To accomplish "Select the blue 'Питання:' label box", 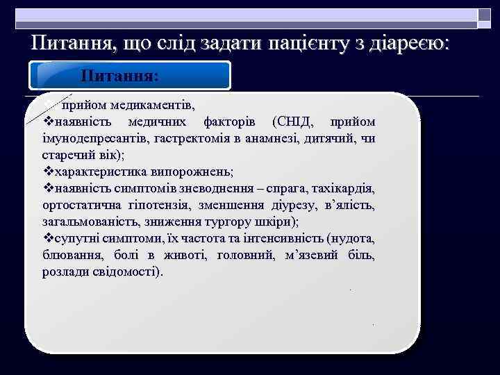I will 131,76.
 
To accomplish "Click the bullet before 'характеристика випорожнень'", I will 48,172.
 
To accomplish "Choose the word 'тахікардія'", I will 344,189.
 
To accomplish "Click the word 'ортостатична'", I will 78,206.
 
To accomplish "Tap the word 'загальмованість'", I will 87,222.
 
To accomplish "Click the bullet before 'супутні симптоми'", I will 48,239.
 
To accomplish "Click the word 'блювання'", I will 69,256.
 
